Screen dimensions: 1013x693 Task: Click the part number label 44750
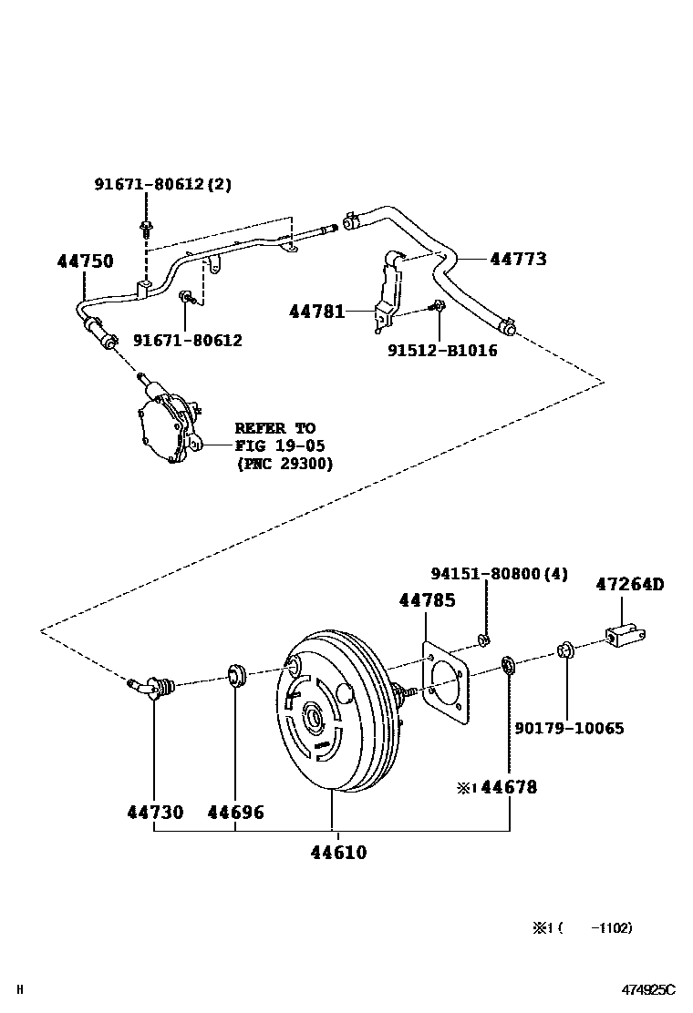coord(86,261)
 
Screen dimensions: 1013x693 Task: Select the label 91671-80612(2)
coord(162,184)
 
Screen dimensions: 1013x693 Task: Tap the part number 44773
coord(518,259)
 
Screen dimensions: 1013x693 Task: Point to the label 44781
coord(317,312)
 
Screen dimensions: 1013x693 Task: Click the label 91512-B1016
coord(442,350)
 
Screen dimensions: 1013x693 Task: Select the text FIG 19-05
coord(279,445)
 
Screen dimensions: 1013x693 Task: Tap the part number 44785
coord(427,600)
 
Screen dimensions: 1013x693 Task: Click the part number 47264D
coord(630,584)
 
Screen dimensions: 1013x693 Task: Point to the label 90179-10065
coord(569,729)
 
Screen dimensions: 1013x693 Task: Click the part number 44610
coord(338,853)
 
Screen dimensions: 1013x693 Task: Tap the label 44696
coord(235,812)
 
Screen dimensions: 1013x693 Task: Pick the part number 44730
coord(154,812)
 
